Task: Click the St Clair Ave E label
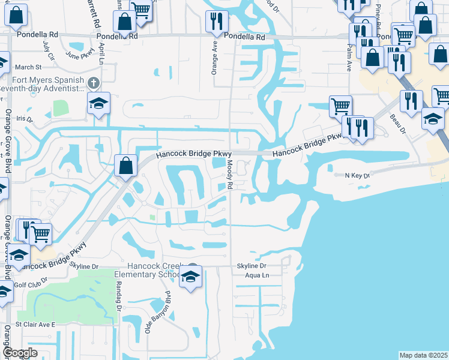tap(35, 324)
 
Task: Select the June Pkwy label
tap(80, 55)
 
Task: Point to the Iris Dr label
tap(25, 119)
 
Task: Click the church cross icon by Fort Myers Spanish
tap(92, 82)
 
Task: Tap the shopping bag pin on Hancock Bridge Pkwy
tap(125, 166)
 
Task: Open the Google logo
tap(20, 353)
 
